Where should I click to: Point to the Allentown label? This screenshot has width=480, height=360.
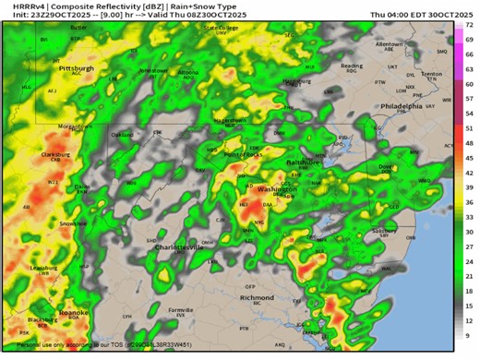(389, 43)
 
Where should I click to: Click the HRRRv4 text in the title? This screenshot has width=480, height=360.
(19, 6)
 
